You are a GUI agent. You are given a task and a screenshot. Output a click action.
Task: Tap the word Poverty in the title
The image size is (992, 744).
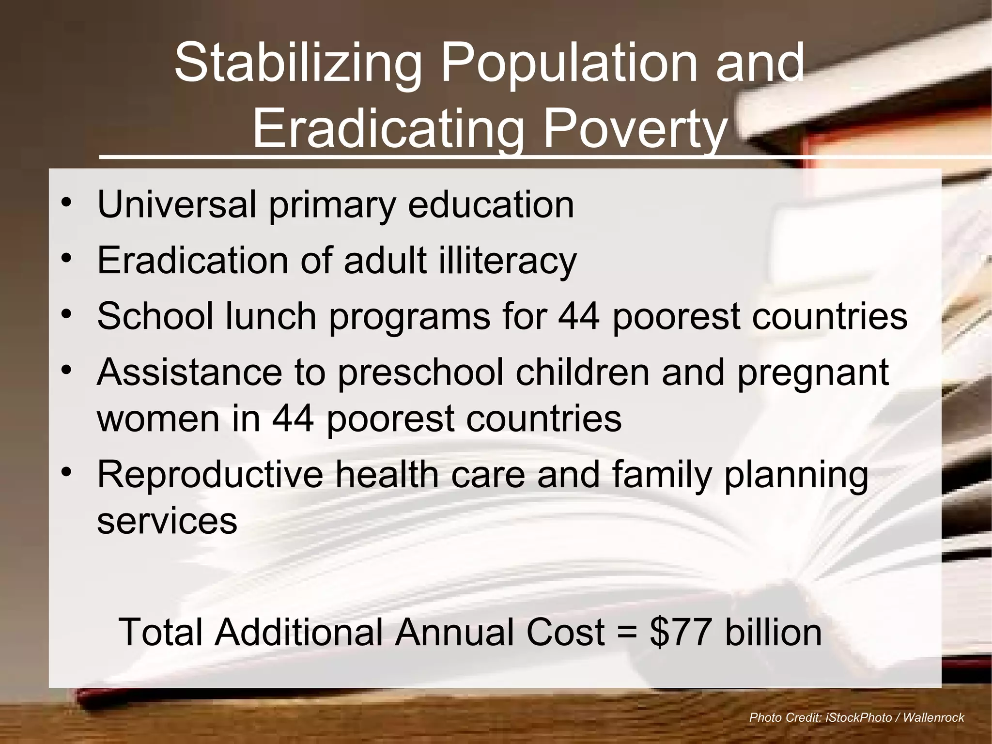pos(635,130)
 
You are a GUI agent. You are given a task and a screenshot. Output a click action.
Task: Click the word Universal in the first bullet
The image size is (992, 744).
pos(176,205)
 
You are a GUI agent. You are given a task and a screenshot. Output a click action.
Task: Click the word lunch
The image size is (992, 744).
pos(271,316)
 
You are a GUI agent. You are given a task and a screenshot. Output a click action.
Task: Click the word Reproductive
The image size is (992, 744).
pos(210,475)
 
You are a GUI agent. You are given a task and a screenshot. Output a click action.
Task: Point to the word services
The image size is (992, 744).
pos(167,521)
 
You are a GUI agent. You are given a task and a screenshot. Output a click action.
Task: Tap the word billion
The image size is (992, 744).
pos(773,632)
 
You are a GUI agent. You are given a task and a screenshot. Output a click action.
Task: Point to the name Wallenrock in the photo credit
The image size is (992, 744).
pos(933,718)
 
